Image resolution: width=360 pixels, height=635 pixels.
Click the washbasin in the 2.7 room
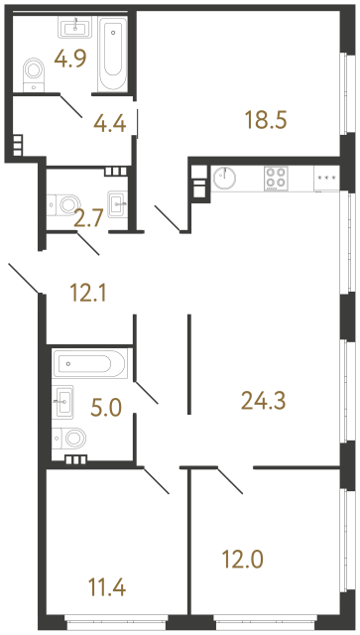(x=119, y=203)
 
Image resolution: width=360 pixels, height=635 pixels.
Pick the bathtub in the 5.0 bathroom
(x=89, y=364)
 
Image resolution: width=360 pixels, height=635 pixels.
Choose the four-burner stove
(x=277, y=179)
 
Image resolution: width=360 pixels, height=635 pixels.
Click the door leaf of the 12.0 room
(x=230, y=482)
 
